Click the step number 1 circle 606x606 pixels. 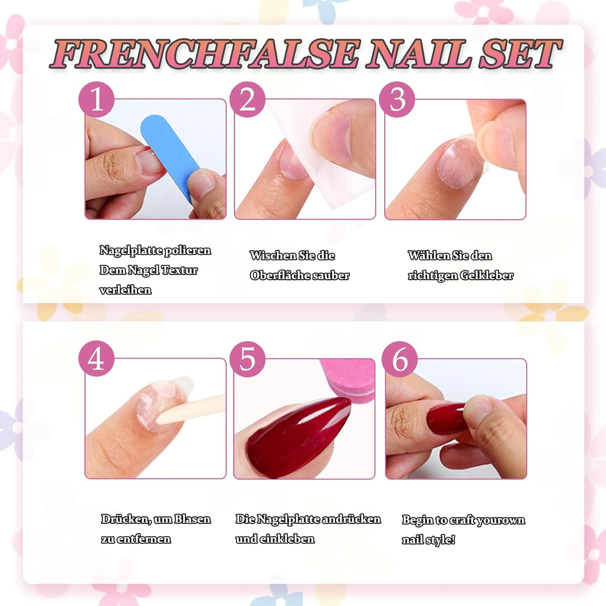click(x=96, y=99)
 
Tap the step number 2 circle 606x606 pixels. click(x=247, y=99)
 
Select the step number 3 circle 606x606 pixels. click(x=397, y=99)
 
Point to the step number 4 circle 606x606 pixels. click(x=96, y=359)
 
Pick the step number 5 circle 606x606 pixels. click(x=247, y=359)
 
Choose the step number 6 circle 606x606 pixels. click(x=400, y=359)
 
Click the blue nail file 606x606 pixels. click(x=170, y=154)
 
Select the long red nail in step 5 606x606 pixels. click(x=295, y=436)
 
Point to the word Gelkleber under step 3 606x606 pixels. click(x=486, y=276)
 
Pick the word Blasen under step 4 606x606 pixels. click(x=192, y=519)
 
